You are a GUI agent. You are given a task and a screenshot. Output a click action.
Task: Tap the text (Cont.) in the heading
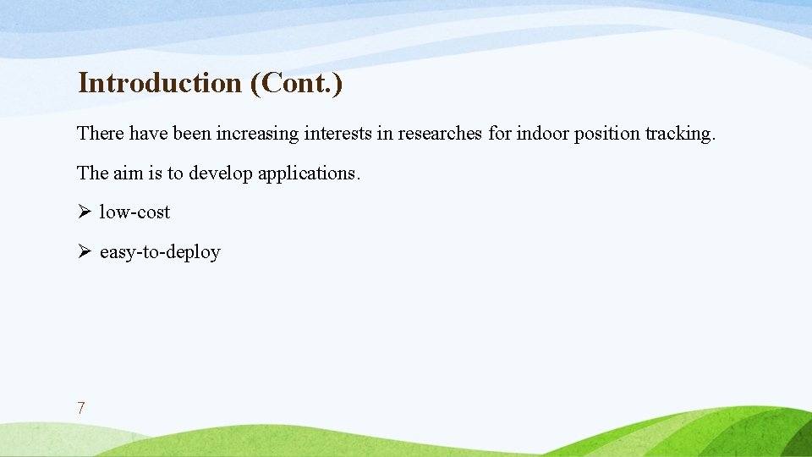(297, 83)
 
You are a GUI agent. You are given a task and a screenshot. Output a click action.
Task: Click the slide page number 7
(80, 408)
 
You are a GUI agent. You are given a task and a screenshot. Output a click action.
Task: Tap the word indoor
(543, 134)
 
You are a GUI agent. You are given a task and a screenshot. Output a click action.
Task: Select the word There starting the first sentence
(101, 134)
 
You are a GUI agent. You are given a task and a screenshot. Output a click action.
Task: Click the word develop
(221, 173)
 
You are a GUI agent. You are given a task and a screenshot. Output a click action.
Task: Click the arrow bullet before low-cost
(83, 212)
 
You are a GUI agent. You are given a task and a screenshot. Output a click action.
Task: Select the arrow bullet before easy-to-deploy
(83, 252)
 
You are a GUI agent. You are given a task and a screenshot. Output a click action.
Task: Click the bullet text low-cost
(134, 212)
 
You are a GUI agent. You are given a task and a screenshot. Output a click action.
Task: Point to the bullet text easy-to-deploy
(160, 252)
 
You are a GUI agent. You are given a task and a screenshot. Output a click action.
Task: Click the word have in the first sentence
(148, 134)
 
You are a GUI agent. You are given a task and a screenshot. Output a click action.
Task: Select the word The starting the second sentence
(92, 173)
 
